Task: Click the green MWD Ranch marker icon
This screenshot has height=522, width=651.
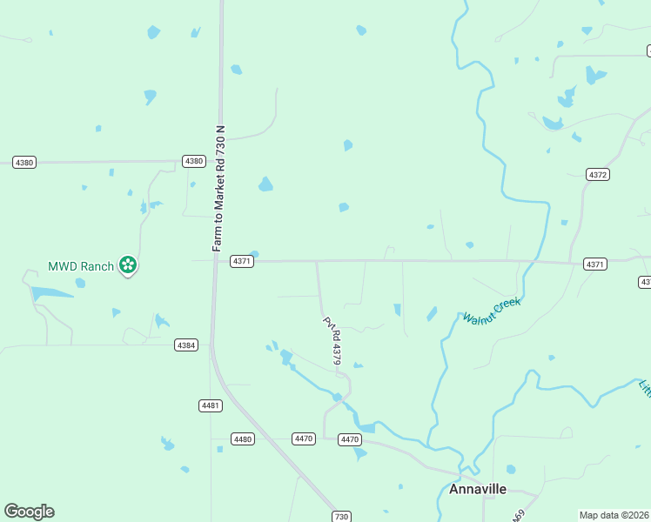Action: (x=128, y=264)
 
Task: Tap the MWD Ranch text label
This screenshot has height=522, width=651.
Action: (x=80, y=266)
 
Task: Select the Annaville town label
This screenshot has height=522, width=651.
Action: (x=478, y=489)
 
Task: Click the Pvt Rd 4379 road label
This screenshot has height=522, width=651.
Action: (x=332, y=339)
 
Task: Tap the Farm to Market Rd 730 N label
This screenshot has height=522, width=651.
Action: (x=220, y=190)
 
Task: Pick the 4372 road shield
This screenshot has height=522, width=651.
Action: (x=597, y=175)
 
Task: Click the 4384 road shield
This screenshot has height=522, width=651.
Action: (x=186, y=345)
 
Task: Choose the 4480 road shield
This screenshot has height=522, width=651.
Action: (x=243, y=439)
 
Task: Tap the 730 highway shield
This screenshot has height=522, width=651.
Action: (x=341, y=517)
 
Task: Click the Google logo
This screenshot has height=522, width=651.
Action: (x=29, y=512)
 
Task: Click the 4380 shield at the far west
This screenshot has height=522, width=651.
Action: (x=24, y=163)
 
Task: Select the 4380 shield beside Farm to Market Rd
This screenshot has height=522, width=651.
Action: (x=193, y=161)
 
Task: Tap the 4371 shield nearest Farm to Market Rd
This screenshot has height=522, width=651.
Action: (x=242, y=261)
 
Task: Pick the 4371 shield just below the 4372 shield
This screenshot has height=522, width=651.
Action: (x=595, y=264)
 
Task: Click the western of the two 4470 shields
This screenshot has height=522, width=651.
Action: (x=303, y=439)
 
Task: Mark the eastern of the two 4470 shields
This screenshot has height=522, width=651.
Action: (x=350, y=440)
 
